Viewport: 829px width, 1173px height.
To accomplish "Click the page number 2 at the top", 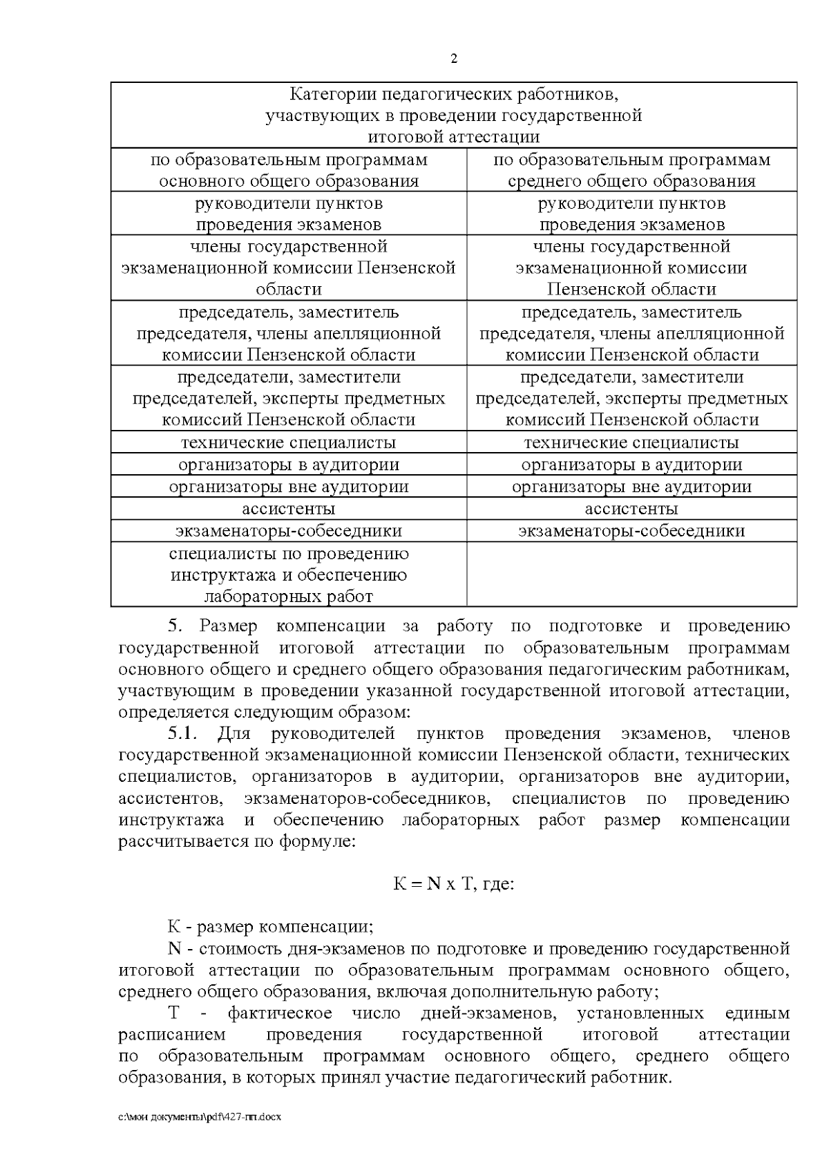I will [454, 59].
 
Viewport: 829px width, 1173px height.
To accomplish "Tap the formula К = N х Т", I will [453, 884].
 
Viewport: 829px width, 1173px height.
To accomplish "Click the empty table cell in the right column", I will [631, 574].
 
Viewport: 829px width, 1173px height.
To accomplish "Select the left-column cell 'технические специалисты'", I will [289, 442].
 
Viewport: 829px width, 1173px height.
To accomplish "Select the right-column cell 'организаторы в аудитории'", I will [631, 464].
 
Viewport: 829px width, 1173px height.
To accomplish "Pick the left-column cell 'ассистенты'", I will [289, 509].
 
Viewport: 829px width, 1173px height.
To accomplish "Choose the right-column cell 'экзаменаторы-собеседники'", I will [631, 531].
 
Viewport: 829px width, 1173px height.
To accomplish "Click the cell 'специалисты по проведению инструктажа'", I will [289, 574].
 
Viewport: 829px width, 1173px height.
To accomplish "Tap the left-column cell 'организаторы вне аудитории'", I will [289, 487].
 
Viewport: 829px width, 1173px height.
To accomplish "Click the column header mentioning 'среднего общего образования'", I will [631, 171].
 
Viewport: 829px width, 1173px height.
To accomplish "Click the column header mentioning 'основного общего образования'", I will [289, 171].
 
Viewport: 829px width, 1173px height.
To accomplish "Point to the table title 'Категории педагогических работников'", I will [454, 115].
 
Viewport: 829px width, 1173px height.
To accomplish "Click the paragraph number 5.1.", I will [183, 733].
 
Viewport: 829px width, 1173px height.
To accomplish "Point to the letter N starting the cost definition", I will [173, 948].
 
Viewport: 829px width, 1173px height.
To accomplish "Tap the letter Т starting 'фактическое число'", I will [173, 1013].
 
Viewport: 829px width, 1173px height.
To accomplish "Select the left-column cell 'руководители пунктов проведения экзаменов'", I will [289, 214].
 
